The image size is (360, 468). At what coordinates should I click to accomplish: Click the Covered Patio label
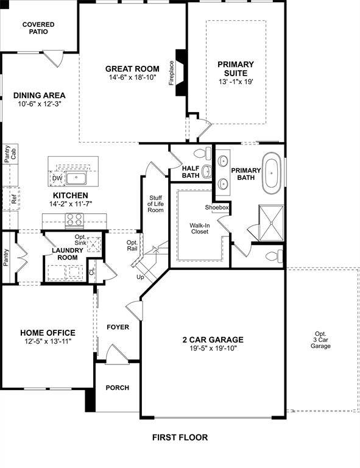pos(38,27)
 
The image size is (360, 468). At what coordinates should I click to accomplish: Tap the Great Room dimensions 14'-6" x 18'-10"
pos(132,78)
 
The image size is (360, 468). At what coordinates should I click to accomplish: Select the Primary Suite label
pos(236,68)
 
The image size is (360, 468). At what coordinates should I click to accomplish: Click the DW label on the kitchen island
pos(57,178)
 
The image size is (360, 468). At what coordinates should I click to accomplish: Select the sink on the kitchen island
pos(76,178)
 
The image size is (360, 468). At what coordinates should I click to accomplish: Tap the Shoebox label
pos(216,208)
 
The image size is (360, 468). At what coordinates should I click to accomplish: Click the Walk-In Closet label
pos(199,229)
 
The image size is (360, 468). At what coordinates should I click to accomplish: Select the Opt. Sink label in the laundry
pos(80,239)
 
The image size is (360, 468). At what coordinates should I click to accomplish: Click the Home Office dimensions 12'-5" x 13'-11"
pos(48,341)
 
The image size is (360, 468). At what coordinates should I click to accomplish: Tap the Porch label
pos(118,388)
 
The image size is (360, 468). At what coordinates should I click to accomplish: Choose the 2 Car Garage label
pos(213,339)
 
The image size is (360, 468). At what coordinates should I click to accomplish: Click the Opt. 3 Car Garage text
pos(320,339)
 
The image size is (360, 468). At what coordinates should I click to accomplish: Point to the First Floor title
pos(180,437)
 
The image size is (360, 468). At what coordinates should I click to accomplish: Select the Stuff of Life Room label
pos(156,204)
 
